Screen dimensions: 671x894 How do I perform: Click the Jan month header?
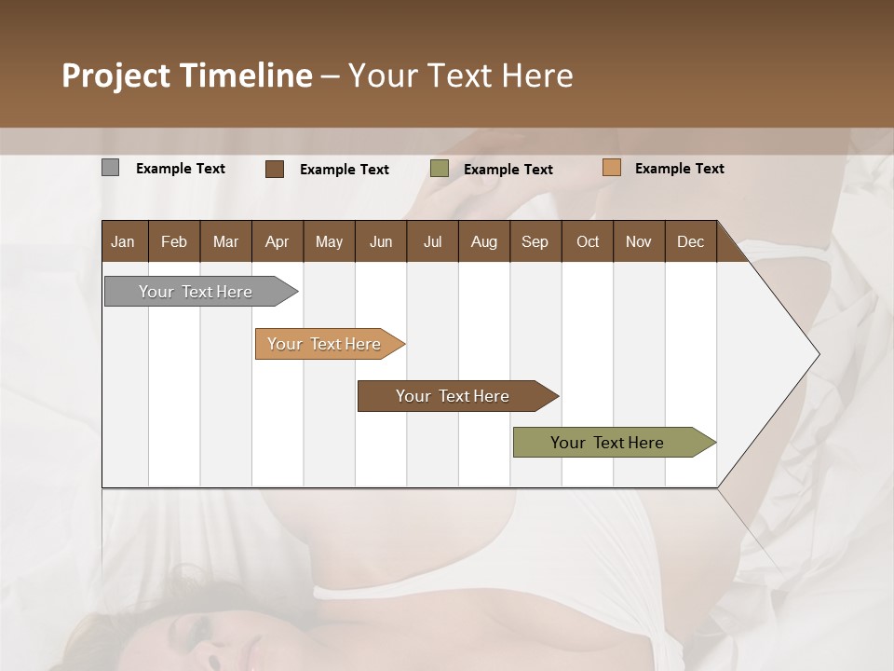pos(123,241)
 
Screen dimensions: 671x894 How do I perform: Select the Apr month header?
pos(277,241)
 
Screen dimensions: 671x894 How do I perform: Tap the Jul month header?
pos(432,241)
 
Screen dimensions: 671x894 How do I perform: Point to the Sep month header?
pos(535,241)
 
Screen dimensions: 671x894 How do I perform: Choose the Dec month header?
pos(690,241)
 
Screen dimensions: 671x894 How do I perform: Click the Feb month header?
pos(174,241)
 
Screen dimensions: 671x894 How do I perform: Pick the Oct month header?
pos(588,241)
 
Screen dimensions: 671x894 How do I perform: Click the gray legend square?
pos(110,168)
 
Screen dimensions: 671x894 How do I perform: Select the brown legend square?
pos(274,169)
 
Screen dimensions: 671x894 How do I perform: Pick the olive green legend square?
pos(440,169)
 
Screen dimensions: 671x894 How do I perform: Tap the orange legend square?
pos(611,168)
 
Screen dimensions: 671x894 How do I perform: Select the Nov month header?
pos(638,241)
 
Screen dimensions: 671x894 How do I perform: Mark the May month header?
pos(329,241)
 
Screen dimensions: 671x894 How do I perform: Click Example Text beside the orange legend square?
pos(679,169)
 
